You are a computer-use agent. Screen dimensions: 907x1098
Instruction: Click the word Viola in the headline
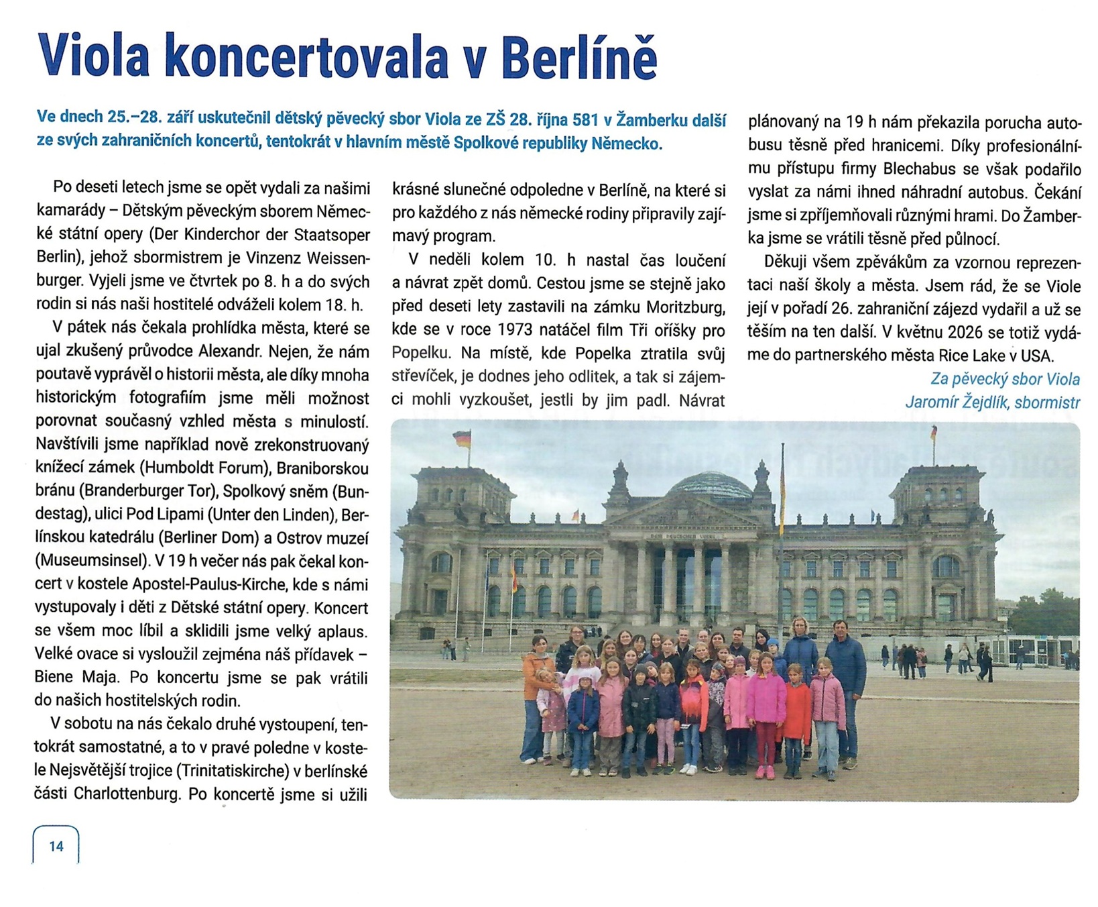tap(94, 55)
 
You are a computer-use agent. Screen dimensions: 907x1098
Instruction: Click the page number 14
tap(56, 846)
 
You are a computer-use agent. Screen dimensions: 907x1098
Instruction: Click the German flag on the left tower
tap(463, 439)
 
